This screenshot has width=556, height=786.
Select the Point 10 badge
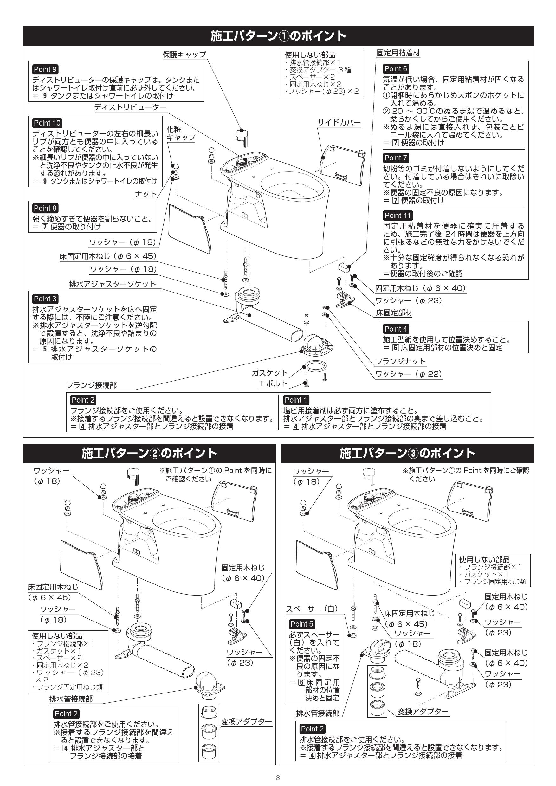(x=47, y=123)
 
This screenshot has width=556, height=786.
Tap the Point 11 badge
(x=397, y=215)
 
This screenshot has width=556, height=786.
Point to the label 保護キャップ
(x=184, y=55)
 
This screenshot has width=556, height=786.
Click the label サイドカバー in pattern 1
(x=339, y=123)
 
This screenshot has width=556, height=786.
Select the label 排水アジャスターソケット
(x=112, y=284)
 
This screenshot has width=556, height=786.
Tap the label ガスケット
(x=269, y=373)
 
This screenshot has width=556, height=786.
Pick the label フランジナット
(x=400, y=362)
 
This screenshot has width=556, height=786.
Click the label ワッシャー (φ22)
(x=408, y=374)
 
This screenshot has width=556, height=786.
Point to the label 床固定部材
(x=394, y=312)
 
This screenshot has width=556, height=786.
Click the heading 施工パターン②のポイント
(x=149, y=453)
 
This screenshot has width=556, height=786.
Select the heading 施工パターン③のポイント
(x=407, y=453)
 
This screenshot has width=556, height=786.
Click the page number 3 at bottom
(x=278, y=777)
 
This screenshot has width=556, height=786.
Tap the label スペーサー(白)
(x=312, y=609)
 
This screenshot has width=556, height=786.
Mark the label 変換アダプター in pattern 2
(x=246, y=722)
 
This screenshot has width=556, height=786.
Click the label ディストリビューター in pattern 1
(x=130, y=107)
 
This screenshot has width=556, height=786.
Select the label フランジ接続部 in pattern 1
(x=91, y=385)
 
